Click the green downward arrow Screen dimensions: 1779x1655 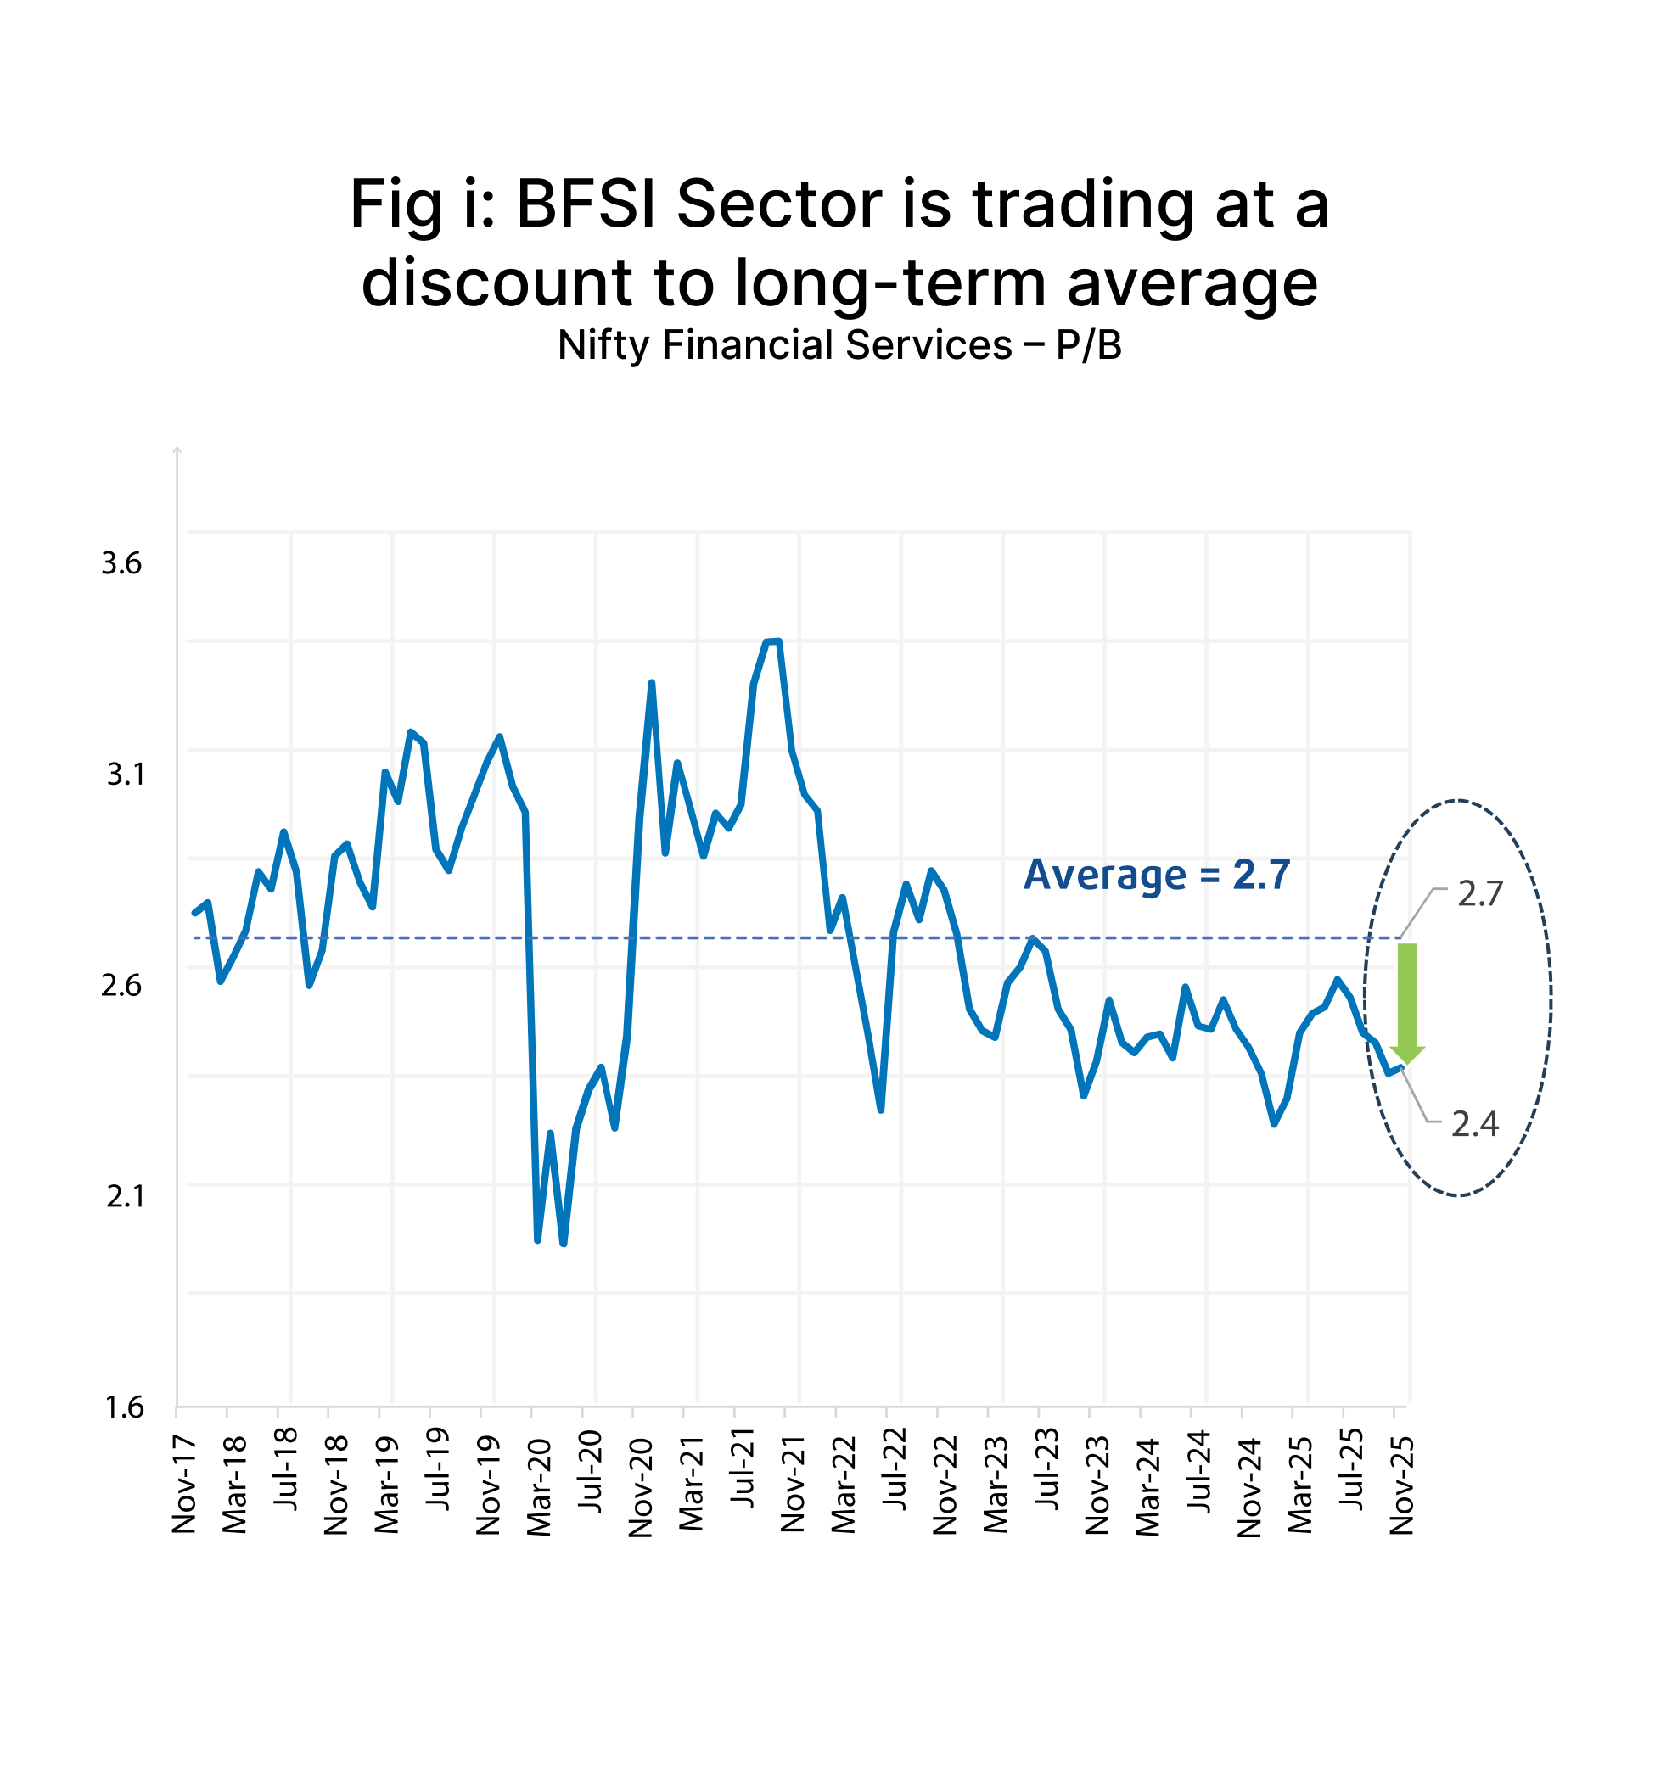point(1406,1002)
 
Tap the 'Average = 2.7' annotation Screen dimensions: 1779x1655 point(1156,875)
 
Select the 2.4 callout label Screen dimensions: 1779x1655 point(1474,1123)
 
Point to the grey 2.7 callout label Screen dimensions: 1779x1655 point(1479,894)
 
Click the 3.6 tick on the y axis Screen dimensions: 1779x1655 point(121,562)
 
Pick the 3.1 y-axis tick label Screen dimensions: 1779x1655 point(125,774)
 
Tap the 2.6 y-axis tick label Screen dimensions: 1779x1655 point(121,985)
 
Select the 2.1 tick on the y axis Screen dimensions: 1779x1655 point(125,1195)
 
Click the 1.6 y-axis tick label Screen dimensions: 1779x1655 point(125,1407)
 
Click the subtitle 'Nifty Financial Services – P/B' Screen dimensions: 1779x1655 point(839,345)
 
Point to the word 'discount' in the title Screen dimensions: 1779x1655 point(496,283)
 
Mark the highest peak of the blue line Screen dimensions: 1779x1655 point(772,641)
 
